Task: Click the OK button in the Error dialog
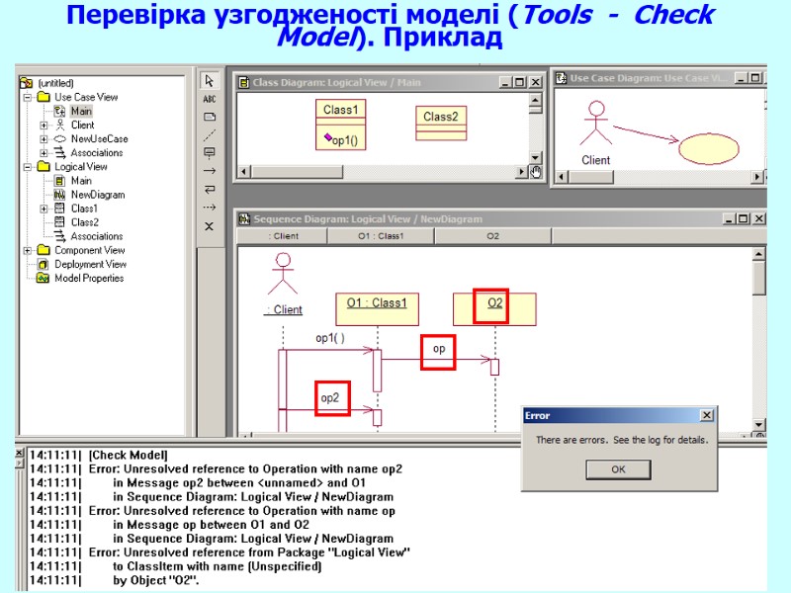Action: (618, 469)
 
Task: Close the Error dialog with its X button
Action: (706, 416)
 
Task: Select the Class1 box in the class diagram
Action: (341, 110)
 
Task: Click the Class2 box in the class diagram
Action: (440, 117)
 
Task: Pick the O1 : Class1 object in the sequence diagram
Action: (377, 303)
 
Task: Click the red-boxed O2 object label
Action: (495, 303)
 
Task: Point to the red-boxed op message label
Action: (439, 349)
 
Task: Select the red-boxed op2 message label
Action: (330, 397)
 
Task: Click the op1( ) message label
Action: (330, 338)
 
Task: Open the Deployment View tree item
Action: (90, 264)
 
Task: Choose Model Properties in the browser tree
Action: (89, 278)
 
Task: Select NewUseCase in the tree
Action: (99, 139)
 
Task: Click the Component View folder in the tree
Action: (89, 250)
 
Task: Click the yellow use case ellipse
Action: (708, 148)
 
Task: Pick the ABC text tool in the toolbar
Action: (210, 99)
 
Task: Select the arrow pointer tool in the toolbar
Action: (210, 81)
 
